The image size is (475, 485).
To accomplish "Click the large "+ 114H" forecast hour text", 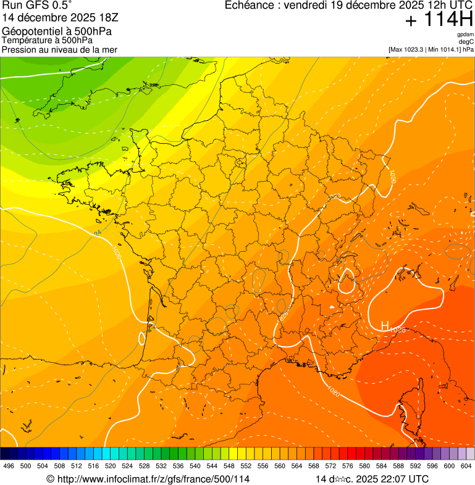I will tap(438, 20).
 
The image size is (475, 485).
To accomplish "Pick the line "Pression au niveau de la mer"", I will tap(59, 49).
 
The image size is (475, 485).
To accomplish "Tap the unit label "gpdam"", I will tap(465, 35).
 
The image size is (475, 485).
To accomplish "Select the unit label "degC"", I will tap(466, 41).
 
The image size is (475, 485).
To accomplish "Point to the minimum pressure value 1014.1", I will tap(448, 49).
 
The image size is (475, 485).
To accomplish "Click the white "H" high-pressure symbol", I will tap(384, 325).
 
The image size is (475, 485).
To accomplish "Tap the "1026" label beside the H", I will tap(397, 330).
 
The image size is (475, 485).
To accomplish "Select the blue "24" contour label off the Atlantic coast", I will tap(98, 233).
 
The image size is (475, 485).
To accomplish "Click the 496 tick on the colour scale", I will tap(9, 466).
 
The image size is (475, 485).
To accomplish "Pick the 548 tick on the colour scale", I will tap(229, 466).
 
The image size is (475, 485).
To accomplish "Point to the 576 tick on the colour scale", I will tap(348, 466).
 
